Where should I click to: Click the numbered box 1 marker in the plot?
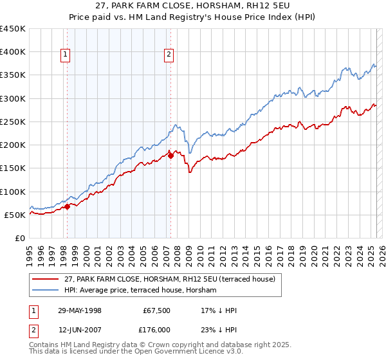(66, 55)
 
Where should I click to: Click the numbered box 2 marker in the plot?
(169, 55)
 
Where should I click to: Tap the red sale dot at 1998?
(68, 207)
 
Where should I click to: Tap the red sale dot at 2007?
(170, 155)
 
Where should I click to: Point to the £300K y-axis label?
(13, 98)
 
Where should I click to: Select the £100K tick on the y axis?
(13, 192)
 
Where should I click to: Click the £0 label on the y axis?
(21, 238)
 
